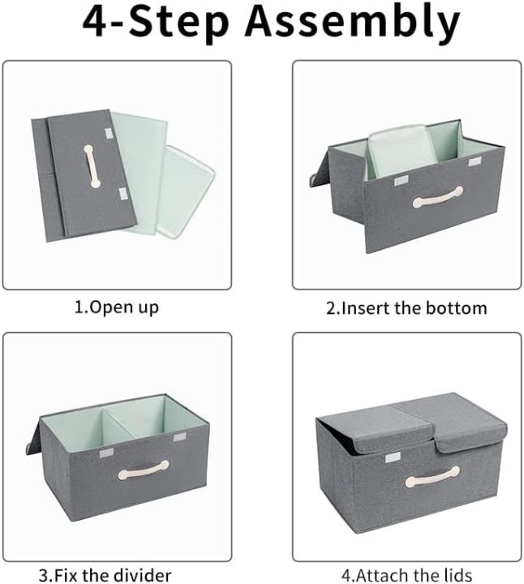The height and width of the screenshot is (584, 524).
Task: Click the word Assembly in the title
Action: click(x=353, y=24)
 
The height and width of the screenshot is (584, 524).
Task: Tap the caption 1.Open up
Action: click(x=117, y=307)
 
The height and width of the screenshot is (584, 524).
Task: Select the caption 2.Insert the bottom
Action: click(x=406, y=307)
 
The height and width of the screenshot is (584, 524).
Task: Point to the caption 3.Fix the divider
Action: click(x=105, y=575)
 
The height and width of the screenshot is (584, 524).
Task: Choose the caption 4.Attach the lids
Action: click(x=406, y=575)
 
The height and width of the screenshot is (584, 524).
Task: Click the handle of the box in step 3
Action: click(x=144, y=470)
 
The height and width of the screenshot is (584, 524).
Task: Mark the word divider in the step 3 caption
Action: click(x=142, y=575)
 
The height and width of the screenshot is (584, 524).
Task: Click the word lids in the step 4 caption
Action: click(x=455, y=575)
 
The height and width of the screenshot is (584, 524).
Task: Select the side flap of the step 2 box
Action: click(x=318, y=174)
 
